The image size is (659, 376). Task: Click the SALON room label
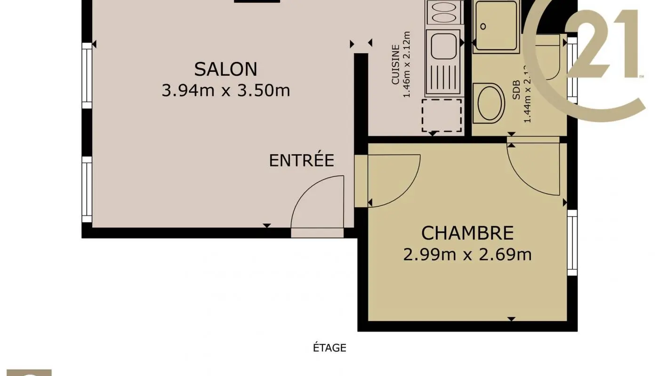click(225, 69)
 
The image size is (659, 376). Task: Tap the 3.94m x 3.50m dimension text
click(225, 90)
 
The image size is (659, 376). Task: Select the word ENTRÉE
click(301, 161)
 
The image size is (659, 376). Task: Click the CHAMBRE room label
click(467, 233)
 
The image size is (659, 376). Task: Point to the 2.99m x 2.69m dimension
click(467, 255)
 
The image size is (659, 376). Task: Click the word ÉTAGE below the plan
click(329, 348)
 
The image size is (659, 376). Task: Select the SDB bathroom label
click(516, 89)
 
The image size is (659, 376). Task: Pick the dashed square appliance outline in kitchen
click(442, 115)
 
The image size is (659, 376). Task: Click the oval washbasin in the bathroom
click(489, 102)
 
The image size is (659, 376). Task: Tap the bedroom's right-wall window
click(572, 243)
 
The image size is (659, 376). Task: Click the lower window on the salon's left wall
click(87, 189)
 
